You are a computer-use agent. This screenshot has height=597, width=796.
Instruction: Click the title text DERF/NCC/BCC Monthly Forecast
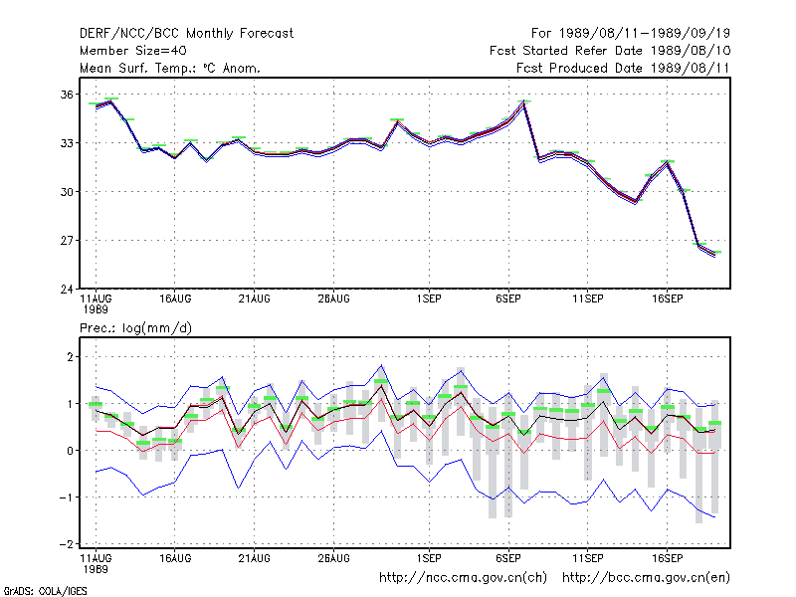point(186,34)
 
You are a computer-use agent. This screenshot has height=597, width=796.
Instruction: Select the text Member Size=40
point(133,51)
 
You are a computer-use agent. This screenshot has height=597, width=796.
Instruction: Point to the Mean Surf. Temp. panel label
point(170,68)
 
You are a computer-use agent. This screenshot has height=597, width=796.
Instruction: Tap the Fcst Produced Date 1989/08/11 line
point(623,68)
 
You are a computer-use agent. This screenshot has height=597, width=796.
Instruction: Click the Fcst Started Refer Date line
point(610,51)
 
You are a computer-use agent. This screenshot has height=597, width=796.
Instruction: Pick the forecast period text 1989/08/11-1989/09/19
point(644,34)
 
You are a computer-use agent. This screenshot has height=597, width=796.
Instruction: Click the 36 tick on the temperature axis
point(67,95)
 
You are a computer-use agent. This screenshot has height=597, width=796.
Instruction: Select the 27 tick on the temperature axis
point(67,240)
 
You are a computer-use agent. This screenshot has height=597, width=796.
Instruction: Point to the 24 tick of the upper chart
point(67,289)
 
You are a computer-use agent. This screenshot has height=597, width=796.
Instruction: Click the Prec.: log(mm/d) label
point(135,328)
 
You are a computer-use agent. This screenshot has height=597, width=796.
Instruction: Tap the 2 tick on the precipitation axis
point(70,357)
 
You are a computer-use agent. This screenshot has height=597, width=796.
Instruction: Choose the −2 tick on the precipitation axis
point(66,543)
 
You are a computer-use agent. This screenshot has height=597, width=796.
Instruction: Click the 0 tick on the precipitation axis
point(70,451)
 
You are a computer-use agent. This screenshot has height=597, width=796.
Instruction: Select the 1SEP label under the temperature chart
point(429,299)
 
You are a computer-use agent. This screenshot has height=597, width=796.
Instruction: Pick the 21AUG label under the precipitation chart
point(255,558)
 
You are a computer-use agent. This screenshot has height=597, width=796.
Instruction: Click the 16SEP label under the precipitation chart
point(667,558)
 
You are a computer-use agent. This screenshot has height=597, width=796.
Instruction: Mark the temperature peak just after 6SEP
point(524,102)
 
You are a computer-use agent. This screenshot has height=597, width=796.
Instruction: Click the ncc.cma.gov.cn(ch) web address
point(463,578)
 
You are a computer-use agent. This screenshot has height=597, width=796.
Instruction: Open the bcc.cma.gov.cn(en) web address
point(646,578)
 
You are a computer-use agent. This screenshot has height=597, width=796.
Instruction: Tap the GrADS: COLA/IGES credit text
point(45,591)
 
